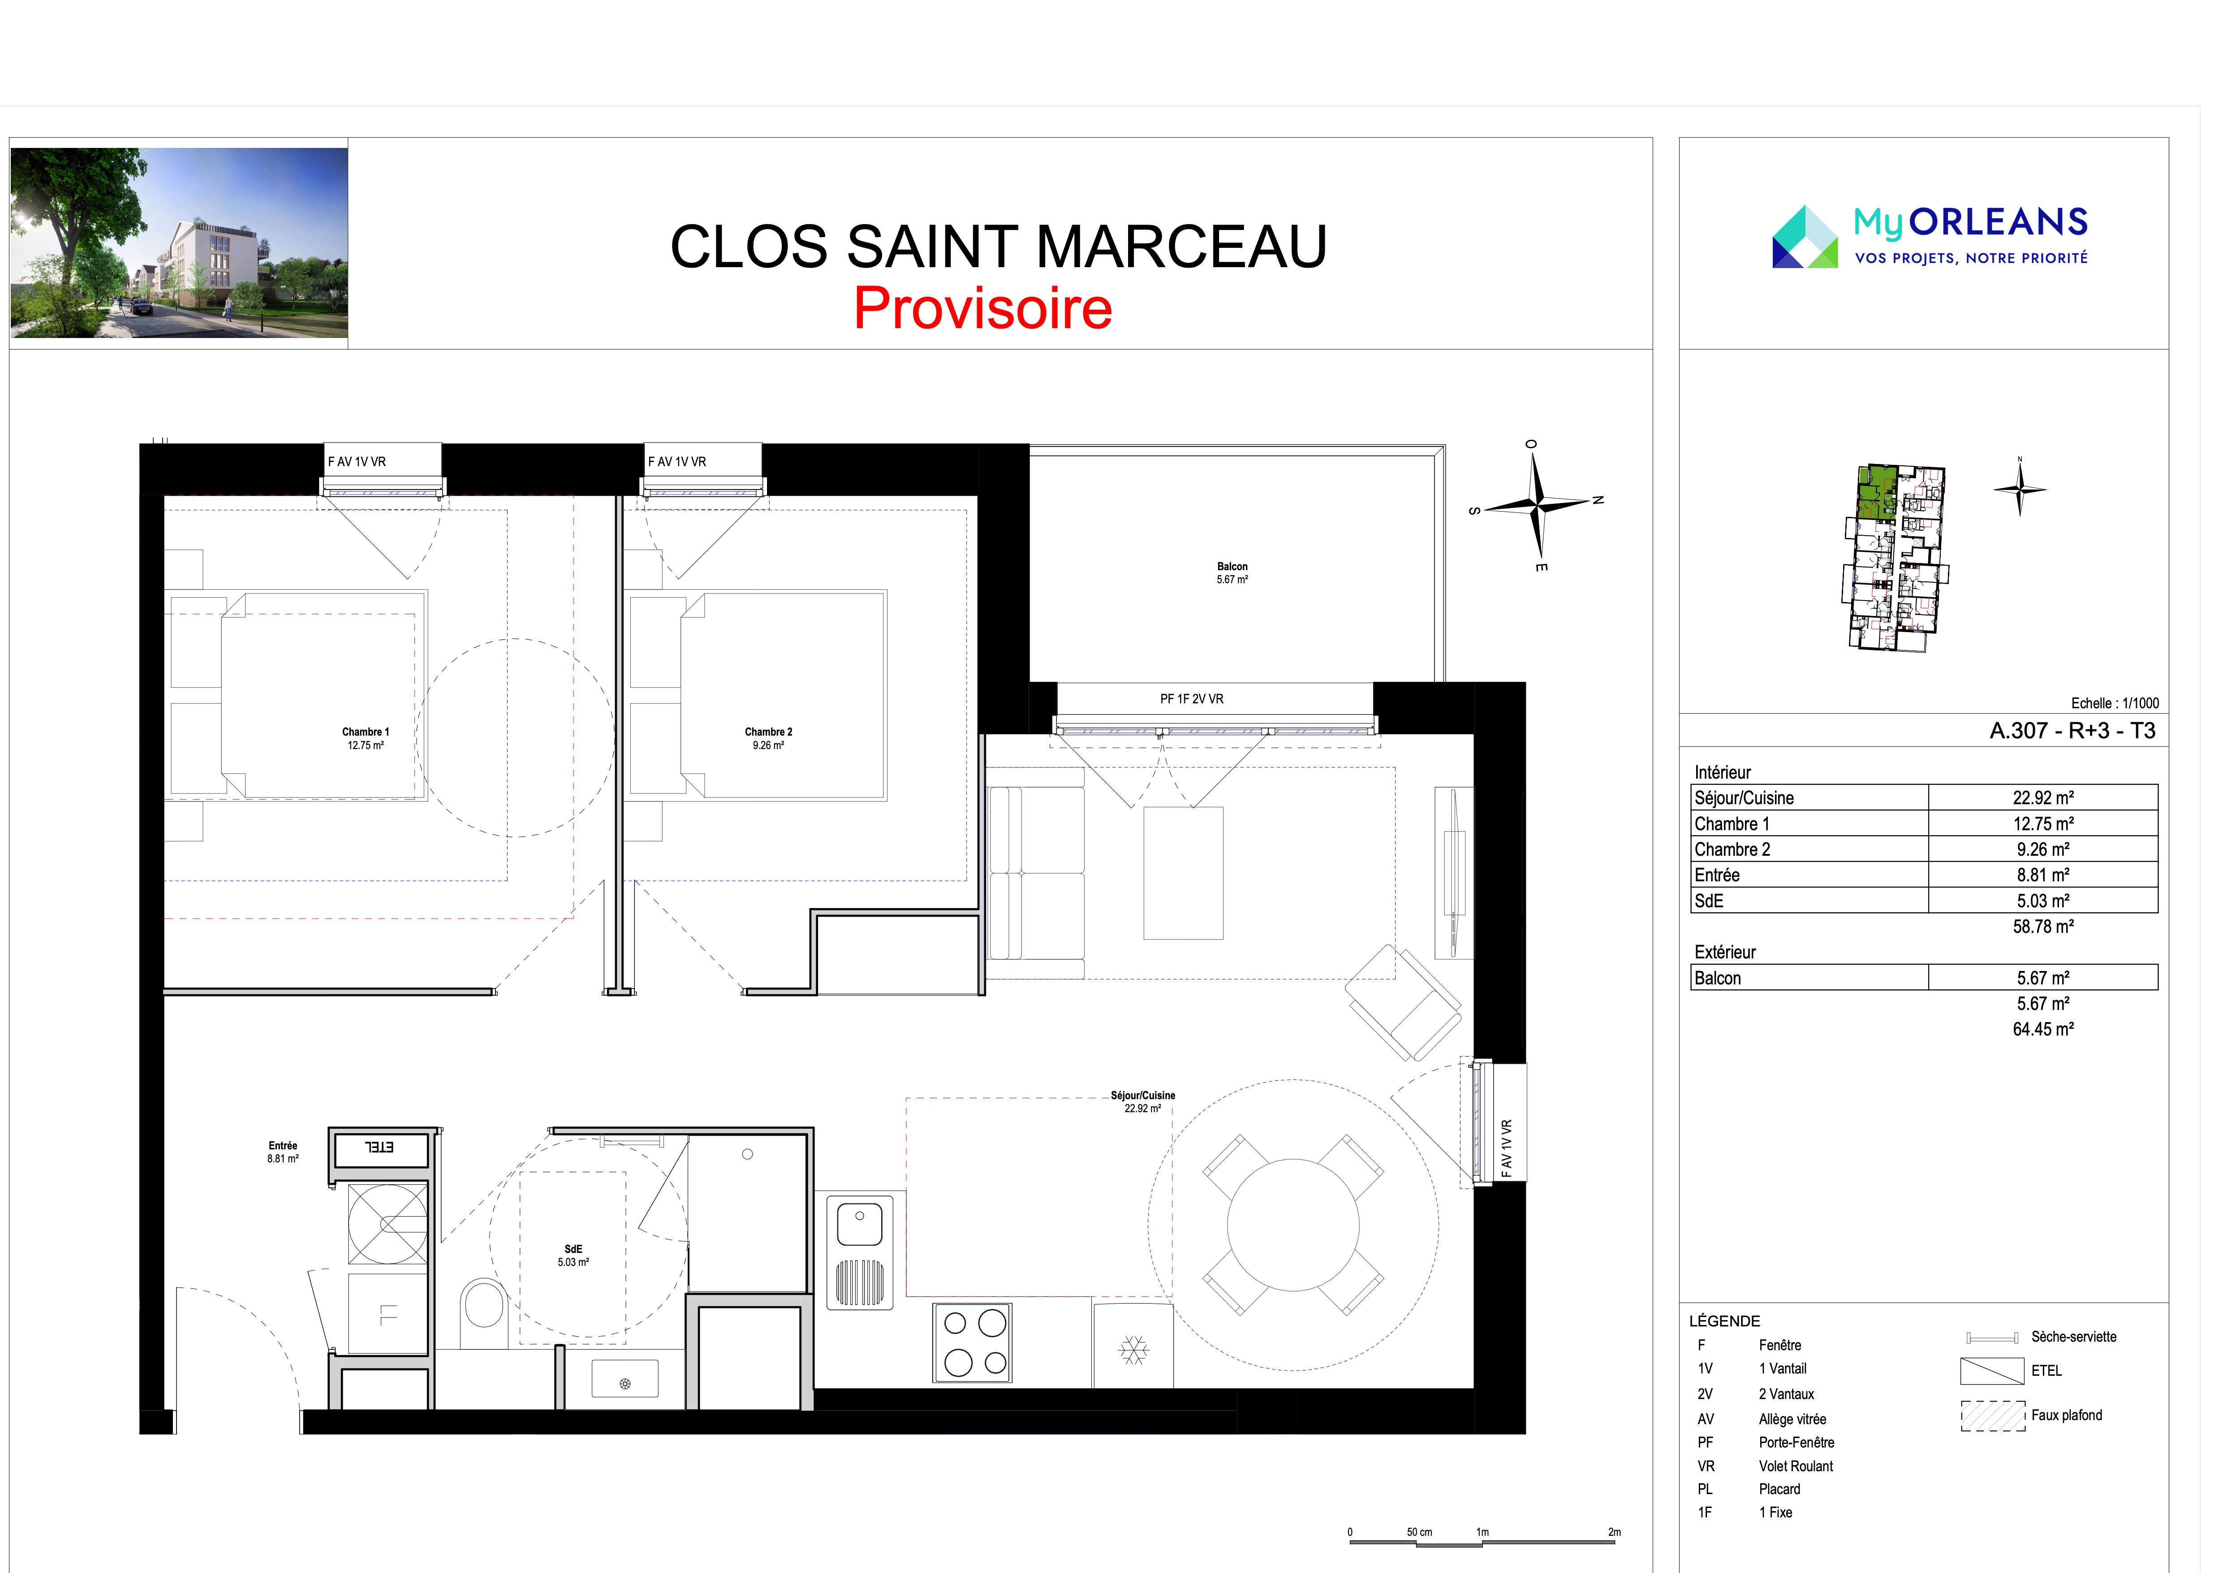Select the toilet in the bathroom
click(x=484, y=1313)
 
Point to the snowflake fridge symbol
click(x=1133, y=1349)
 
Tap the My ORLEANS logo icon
click(x=1805, y=236)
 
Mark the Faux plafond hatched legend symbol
click(x=1993, y=1416)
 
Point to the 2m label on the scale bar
click(x=1614, y=1532)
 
